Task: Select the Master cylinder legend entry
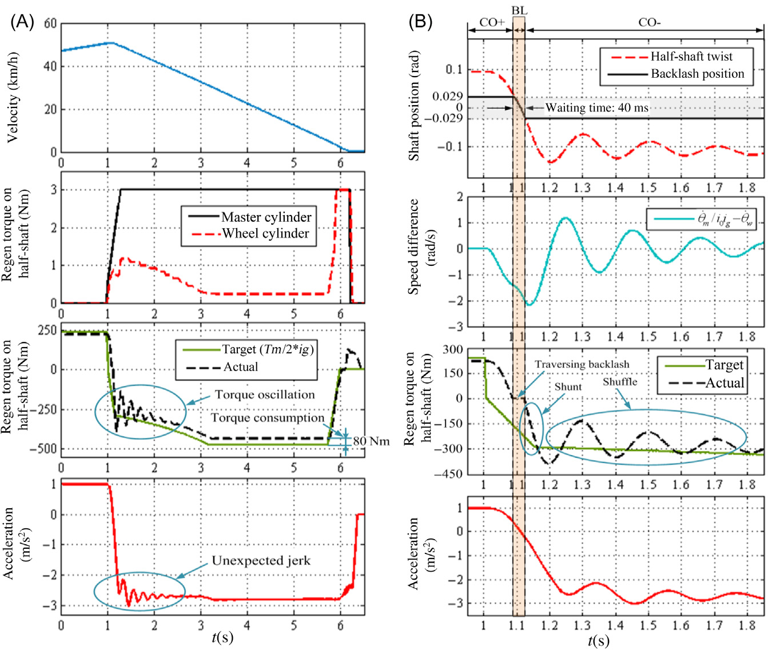pos(266,217)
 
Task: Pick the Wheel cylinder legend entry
pos(265,233)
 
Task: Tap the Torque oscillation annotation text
pos(265,395)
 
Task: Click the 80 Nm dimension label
pos(371,441)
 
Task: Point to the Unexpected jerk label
pos(261,561)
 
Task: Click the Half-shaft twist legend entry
pos(691,57)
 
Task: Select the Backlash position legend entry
pos(697,74)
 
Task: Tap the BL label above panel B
pos(519,11)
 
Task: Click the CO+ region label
pos(492,23)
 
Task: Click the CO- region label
pos(650,23)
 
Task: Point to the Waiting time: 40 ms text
pos(596,107)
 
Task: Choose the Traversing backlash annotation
pos(582,365)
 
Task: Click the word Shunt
pos(568,387)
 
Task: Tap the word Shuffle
pos(620,382)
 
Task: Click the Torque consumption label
pos(268,418)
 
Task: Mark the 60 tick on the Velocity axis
pos(50,24)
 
